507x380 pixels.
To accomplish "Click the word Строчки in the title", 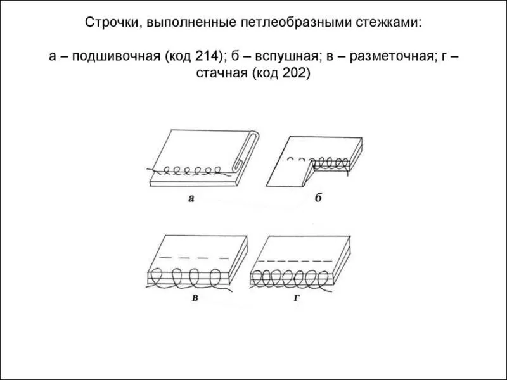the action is tap(110, 23).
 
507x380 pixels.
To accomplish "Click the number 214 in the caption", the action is tap(207, 56).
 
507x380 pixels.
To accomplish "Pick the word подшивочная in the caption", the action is tap(116, 57).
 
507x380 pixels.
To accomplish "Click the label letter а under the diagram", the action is tap(191, 198).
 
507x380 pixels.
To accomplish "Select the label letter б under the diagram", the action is tap(318, 198).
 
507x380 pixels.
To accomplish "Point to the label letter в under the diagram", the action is tap(195, 298).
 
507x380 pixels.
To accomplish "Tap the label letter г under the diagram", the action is tap(297, 298).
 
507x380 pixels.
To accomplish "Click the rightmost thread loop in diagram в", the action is tap(216, 278).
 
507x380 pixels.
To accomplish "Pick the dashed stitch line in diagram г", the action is tap(295, 261).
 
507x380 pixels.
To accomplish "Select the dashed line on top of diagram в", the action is tap(195, 258).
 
